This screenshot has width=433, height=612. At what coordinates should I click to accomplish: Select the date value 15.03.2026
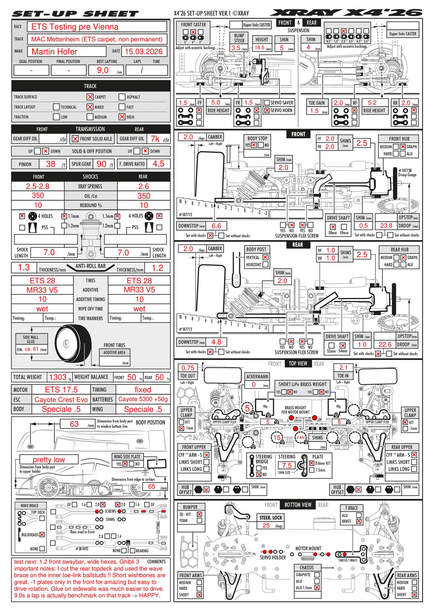click(x=144, y=51)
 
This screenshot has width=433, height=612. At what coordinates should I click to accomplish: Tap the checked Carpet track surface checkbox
click(x=90, y=97)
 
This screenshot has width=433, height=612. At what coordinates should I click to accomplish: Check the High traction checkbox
click(x=122, y=117)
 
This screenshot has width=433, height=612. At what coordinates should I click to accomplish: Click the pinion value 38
click(x=51, y=164)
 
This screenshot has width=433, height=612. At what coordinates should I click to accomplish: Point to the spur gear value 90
click(x=102, y=164)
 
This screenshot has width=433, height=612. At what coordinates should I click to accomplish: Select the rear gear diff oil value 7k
click(x=155, y=139)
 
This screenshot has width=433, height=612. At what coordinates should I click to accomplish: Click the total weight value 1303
click(x=58, y=377)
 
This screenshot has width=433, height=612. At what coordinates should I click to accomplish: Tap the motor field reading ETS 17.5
click(x=61, y=390)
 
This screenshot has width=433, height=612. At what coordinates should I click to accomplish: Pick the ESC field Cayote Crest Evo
click(x=61, y=400)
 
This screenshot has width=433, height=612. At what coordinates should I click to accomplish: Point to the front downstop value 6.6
click(x=216, y=226)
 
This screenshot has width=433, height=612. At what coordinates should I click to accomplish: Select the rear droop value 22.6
click(x=385, y=345)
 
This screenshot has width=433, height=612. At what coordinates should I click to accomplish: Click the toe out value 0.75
click(x=188, y=368)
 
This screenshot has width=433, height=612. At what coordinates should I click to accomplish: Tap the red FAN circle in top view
click(x=301, y=437)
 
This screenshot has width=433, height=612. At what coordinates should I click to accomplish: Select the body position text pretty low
click(x=49, y=460)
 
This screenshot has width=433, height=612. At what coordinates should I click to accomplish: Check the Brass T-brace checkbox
click(x=359, y=521)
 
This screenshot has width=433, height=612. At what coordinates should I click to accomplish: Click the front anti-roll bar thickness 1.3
click(x=24, y=267)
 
